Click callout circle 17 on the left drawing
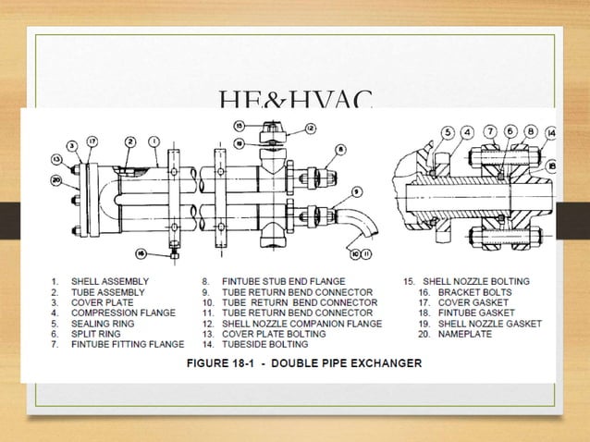(92, 141)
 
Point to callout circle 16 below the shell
(141, 252)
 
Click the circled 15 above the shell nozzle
(239, 126)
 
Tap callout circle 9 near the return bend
(356, 192)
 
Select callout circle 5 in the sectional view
(449, 133)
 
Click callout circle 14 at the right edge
(551, 132)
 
